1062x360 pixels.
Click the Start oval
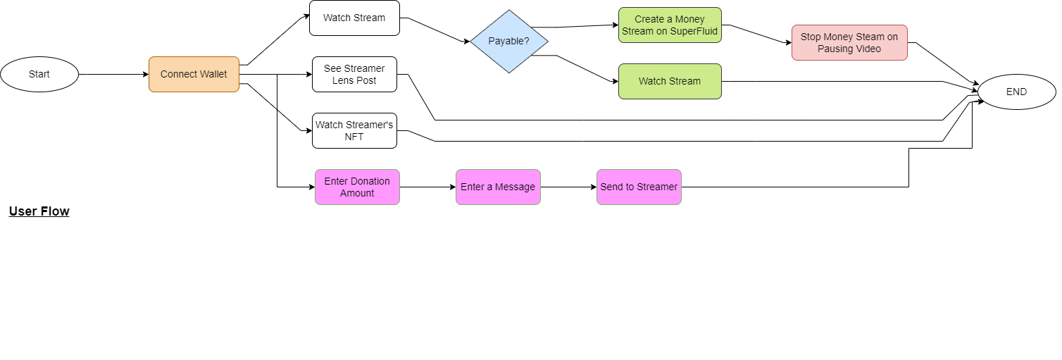39,74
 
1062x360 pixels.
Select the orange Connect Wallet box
194,74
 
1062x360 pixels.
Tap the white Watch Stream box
354,18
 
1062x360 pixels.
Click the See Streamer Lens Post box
354,74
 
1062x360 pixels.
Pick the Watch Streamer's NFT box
354,130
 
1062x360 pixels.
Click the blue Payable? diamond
509,42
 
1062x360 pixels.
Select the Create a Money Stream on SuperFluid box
670,25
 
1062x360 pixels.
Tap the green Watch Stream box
670,81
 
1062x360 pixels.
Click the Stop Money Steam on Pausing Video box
849,43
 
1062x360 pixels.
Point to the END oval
1016,92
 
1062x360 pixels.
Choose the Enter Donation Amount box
357,187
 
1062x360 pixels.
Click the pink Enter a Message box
498,187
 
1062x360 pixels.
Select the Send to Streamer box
639,187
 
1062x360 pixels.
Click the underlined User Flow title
39,211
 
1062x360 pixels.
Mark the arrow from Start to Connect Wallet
113,74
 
